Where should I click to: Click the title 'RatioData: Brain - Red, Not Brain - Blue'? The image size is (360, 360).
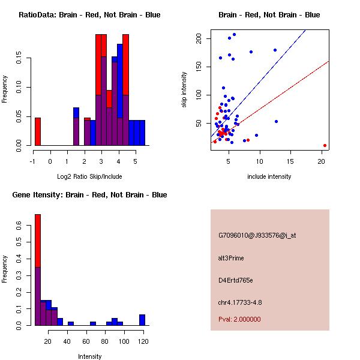click(x=89, y=14)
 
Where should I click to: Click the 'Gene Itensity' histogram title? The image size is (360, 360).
click(x=89, y=194)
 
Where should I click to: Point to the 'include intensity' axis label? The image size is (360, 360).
click(x=269, y=176)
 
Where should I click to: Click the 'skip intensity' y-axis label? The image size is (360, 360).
click(x=184, y=90)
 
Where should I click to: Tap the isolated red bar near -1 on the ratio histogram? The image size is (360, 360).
click(x=37, y=131)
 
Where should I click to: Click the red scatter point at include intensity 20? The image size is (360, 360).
click(x=325, y=145)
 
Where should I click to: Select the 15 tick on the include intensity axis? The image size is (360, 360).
click(x=290, y=161)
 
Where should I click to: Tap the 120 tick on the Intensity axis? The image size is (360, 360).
click(x=142, y=341)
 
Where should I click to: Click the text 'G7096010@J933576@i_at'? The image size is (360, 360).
click(x=257, y=235)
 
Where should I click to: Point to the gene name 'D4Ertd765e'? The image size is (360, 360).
click(x=236, y=280)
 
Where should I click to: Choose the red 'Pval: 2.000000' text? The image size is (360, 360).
click(x=239, y=319)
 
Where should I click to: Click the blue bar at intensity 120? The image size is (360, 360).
click(x=142, y=320)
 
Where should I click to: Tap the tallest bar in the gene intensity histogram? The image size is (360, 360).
click(x=37, y=270)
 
